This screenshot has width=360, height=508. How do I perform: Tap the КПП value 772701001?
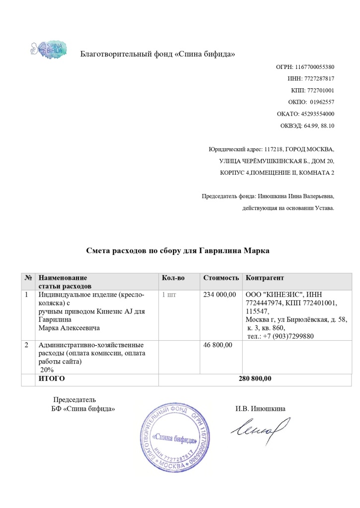pyautogui.click(x=321, y=90)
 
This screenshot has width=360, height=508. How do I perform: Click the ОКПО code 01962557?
pyautogui.click(x=322, y=102)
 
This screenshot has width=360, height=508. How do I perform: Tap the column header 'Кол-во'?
pyautogui.click(x=173, y=278)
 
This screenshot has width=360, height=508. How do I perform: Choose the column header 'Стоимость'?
pyautogui.click(x=221, y=278)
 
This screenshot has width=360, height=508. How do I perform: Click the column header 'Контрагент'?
pyautogui.click(x=265, y=278)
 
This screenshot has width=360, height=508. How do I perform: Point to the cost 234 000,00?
pyautogui.click(x=220, y=295)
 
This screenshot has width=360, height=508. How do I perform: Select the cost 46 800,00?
pyautogui.click(x=218, y=345)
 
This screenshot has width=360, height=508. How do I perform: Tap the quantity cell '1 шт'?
pyautogui.click(x=169, y=295)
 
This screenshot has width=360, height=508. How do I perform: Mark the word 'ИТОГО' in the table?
pyautogui.click(x=52, y=379)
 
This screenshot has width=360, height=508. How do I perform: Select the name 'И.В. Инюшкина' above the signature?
pyautogui.click(x=260, y=409)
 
